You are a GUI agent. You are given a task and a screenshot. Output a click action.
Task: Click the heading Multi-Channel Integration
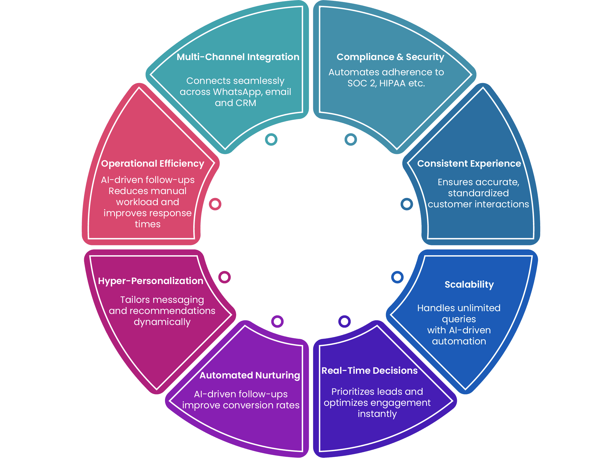click(238, 57)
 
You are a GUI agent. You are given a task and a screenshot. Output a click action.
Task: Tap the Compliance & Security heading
click(390, 57)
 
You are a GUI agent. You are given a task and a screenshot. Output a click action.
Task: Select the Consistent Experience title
click(469, 164)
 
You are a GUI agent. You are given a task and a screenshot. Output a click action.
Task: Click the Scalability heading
click(469, 285)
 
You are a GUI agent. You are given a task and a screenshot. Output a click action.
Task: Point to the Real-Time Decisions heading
click(369, 371)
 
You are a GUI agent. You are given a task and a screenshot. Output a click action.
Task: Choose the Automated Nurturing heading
click(250, 375)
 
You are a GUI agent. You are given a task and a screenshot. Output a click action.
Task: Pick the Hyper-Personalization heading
click(151, 281)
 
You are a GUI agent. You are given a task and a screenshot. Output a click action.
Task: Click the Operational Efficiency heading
click(153, 164)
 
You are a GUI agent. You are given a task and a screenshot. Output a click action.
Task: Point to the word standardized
click(478, 193)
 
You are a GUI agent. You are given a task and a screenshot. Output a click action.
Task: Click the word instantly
click(377, 414)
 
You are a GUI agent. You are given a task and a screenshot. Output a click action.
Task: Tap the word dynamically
click(162, 322)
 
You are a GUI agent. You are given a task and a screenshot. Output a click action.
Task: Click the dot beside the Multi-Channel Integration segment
click(271, 139)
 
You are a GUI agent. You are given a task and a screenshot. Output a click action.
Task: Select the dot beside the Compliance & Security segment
click(351, 139)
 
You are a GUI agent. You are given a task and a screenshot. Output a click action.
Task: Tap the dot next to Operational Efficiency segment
click(215, 204)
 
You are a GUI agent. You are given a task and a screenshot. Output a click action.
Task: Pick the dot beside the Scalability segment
click(397, 277)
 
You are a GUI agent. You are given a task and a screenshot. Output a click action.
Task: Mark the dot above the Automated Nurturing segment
click(277, 321)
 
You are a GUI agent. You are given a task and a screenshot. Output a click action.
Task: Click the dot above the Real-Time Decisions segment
click(344, 321)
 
